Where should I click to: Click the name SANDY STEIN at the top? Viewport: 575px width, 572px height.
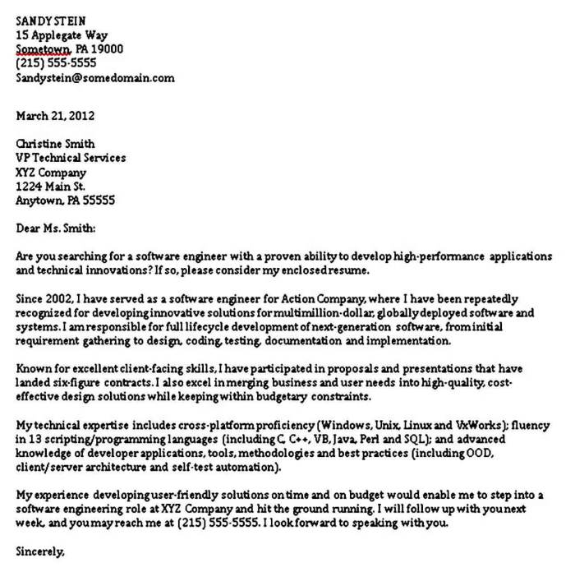(50, 21)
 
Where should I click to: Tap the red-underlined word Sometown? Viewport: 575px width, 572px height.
(44, 49)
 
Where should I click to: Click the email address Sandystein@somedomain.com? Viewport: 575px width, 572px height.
(95, 78)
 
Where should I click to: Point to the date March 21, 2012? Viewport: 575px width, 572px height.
(55, 115)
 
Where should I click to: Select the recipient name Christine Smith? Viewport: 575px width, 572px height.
(55, 144)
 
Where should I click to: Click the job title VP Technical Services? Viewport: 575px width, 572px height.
(71, 158)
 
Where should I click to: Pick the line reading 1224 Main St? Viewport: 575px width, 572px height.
(50, 187)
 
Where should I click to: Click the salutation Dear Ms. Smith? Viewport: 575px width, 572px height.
(56, 228)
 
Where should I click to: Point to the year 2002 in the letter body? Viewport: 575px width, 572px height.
(58, 298)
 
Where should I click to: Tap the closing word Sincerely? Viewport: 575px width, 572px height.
(39, 551)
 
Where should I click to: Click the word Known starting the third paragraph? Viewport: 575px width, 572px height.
(34, 369)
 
